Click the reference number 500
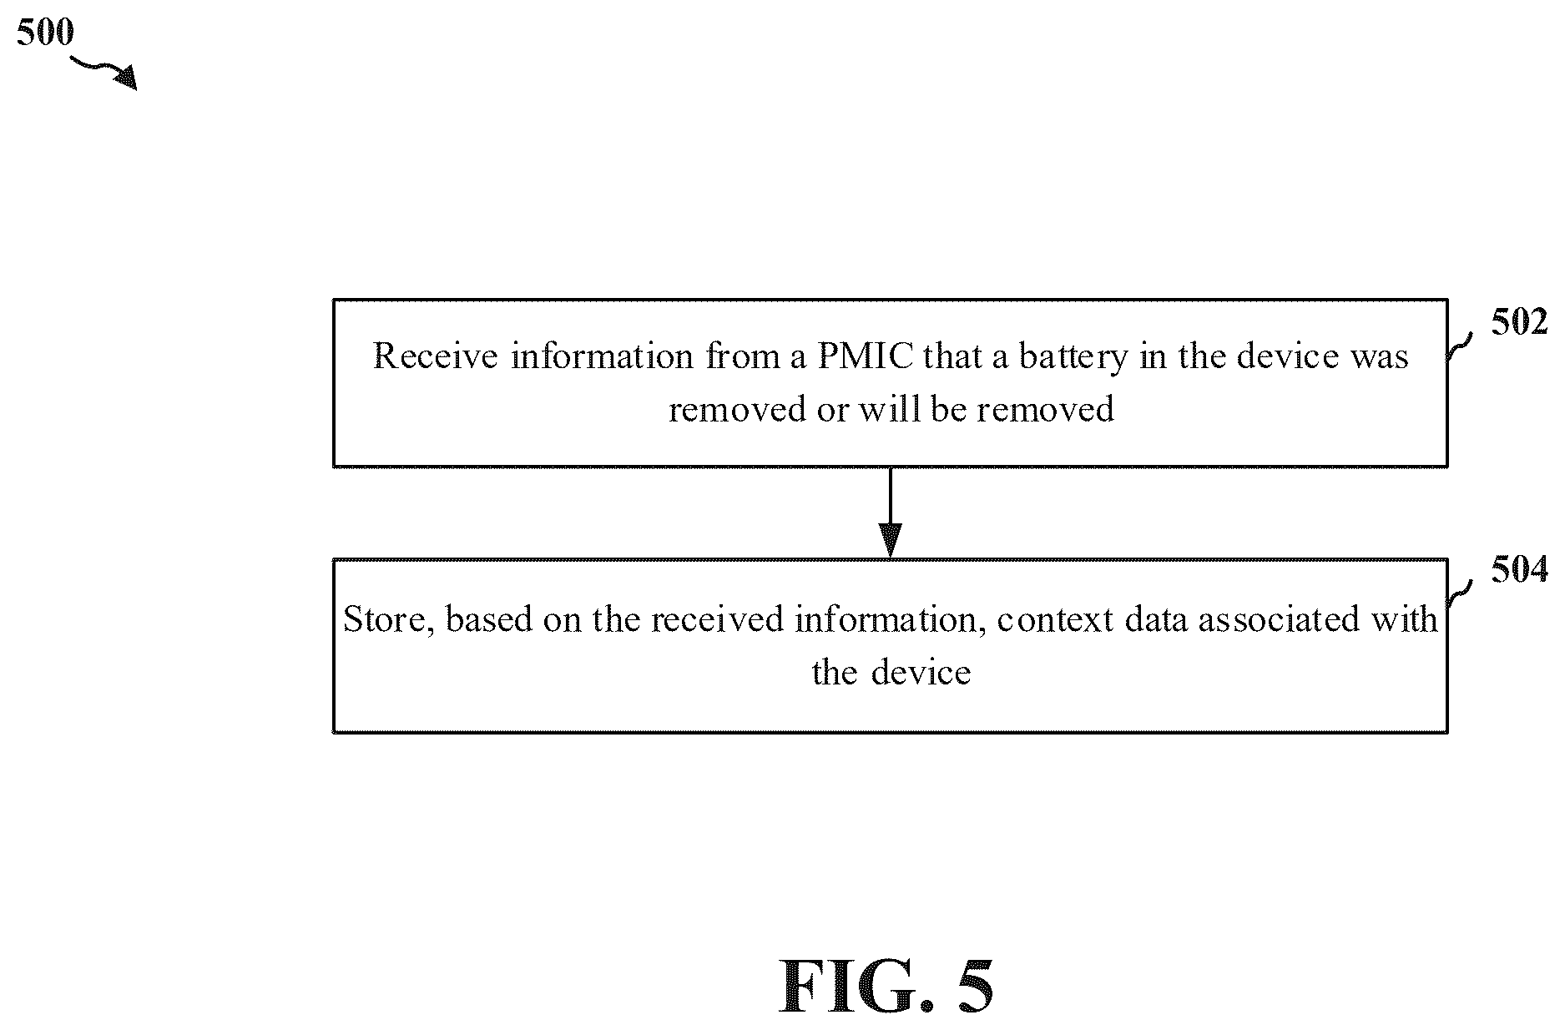click(x=45, y=33)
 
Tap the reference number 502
click(x=1519, y=322)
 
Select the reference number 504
click(x=1519, y=570)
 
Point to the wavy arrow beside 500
click(x=103, y=72)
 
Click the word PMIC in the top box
click(x=866, y=356)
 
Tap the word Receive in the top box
click(x=437, y=356)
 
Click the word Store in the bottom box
click(x=387, y=620)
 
